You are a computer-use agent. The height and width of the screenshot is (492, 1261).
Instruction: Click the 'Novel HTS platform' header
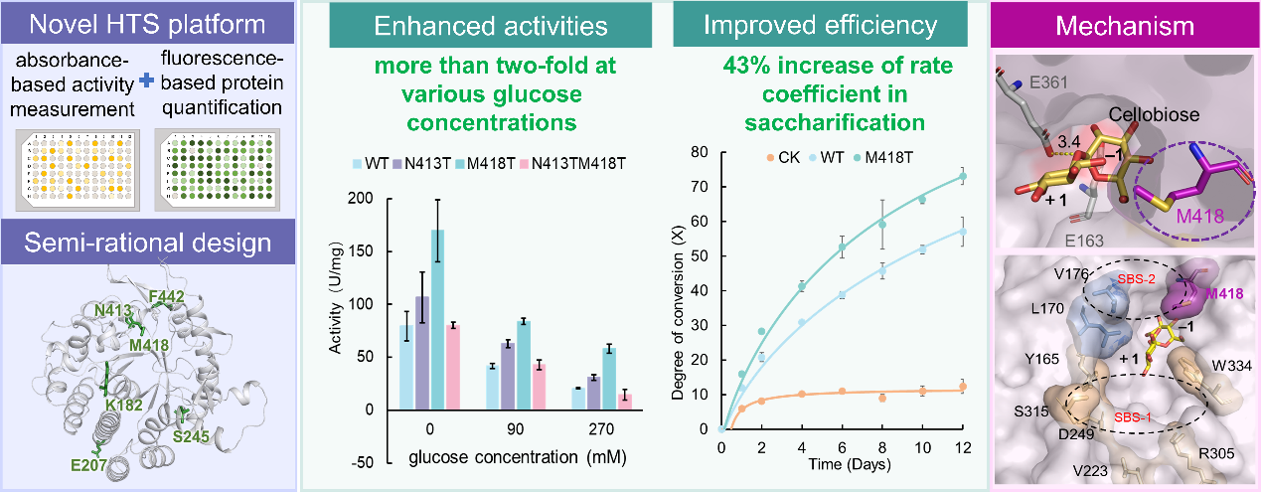coord(148,25)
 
